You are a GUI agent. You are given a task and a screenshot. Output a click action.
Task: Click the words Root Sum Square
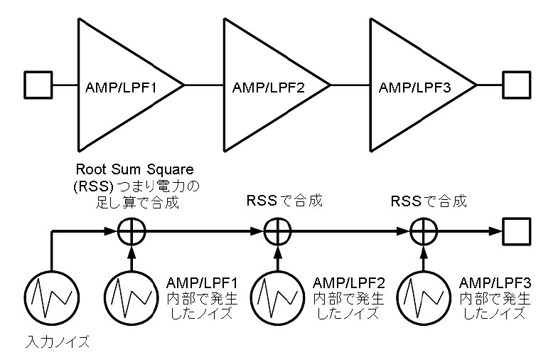click(x=135, y=169)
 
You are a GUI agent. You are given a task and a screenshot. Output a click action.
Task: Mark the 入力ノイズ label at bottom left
click(x=58, y=342)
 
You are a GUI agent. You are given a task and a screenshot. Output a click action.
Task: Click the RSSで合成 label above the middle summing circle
click(x=284, y=201)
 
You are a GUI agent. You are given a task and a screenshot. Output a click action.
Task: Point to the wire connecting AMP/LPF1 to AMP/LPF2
click(x=204, y=85)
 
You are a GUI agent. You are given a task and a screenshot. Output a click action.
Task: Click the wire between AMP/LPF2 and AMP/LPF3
click(x=350, y=85)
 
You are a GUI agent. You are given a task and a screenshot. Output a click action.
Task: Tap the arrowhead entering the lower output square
click(x=495, y=231)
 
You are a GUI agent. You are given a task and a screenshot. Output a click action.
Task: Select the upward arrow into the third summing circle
click(x=424, y=258)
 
